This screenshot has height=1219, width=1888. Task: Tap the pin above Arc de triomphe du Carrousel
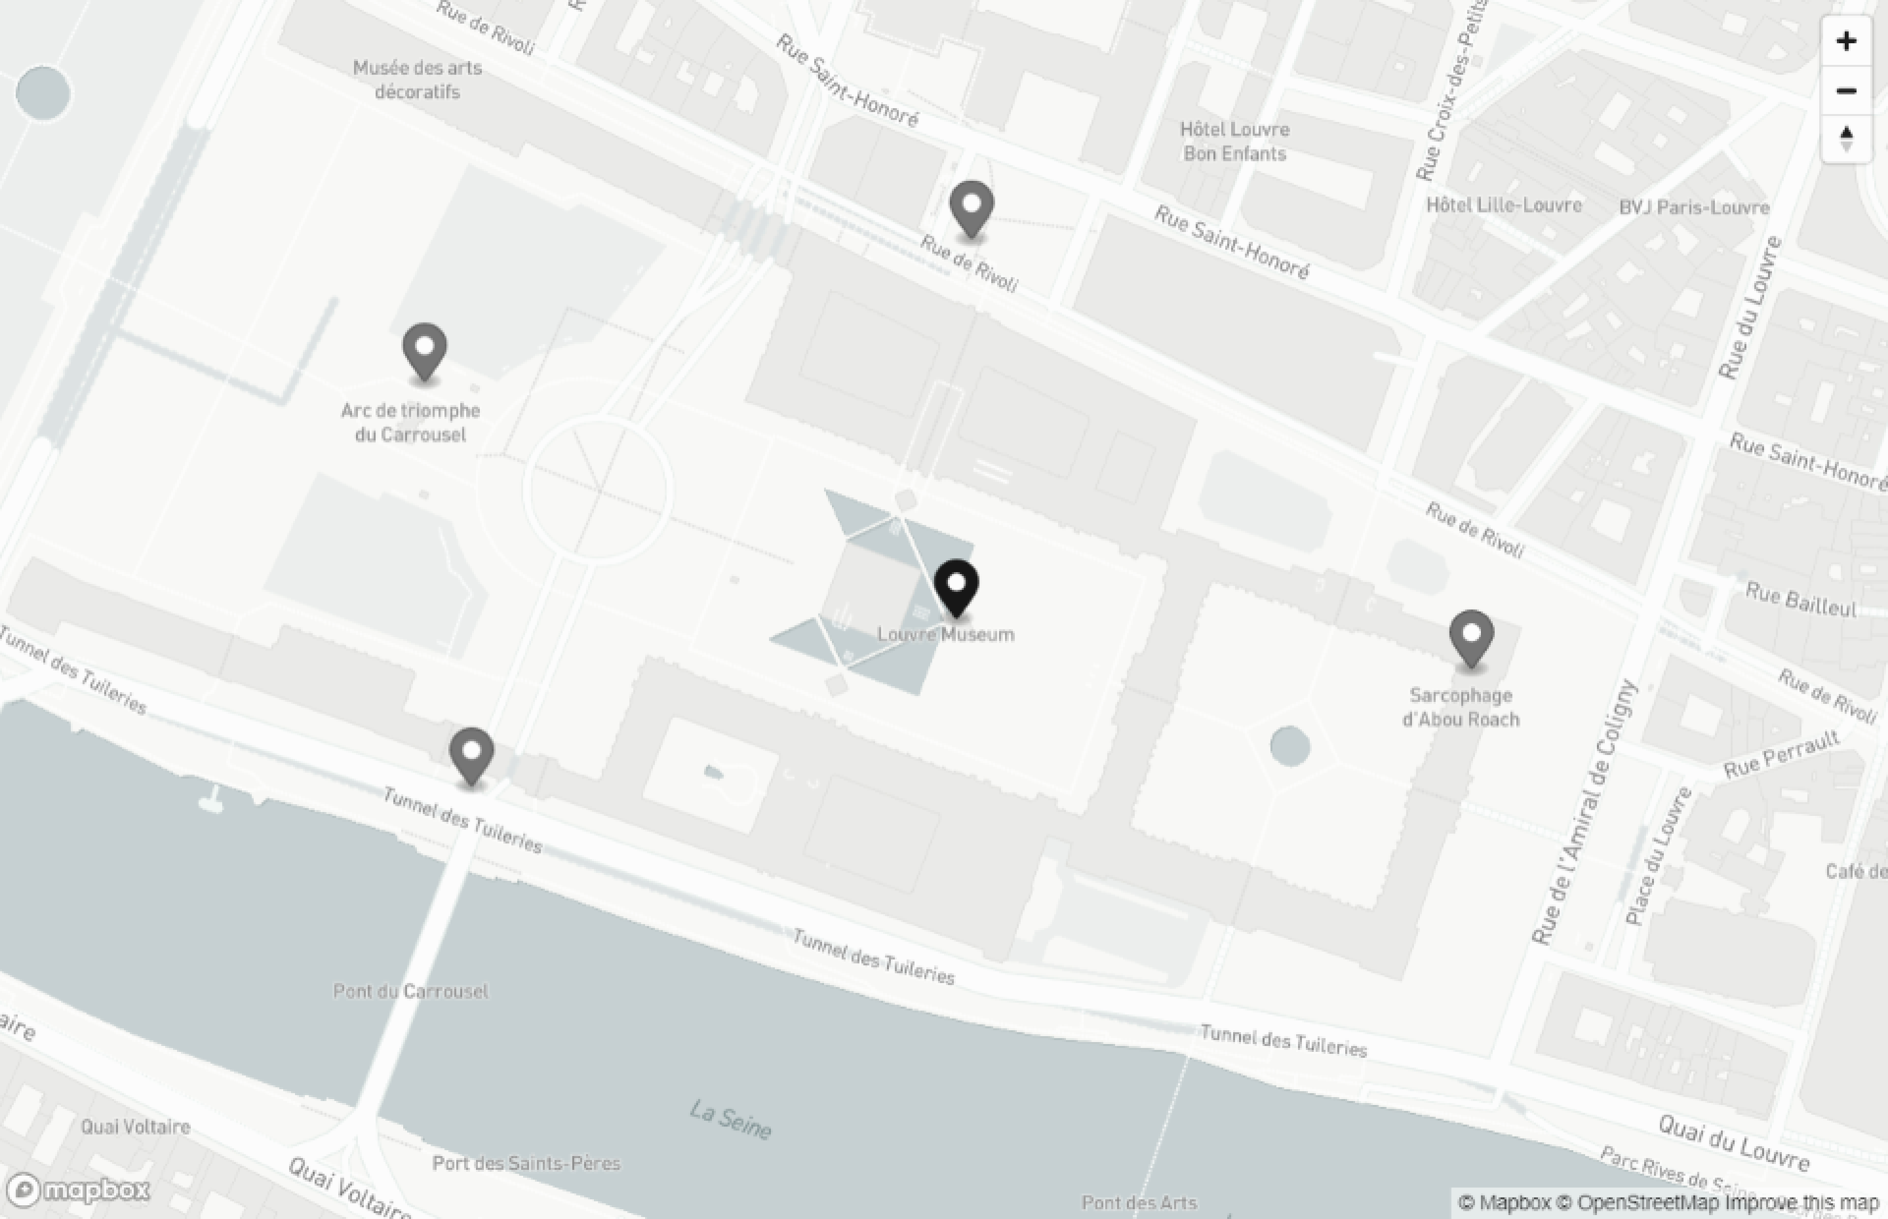[424, 351]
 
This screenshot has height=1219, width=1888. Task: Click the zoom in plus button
[1846, 41]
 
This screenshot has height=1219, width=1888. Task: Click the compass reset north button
[1846, 138]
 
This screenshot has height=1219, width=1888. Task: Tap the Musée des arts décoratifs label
[417, 80]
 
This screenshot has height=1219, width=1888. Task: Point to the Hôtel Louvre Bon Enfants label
[1234, 142]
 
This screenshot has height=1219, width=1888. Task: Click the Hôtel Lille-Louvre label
[1503, 205]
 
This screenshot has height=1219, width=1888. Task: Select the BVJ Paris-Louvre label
[1694, 207]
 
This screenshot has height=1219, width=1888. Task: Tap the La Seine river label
[730, 1119]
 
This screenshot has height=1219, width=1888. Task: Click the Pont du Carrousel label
[411, 991]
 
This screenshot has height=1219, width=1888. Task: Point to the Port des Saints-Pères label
[526, 1163]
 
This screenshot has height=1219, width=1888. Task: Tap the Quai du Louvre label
[1734, 1142]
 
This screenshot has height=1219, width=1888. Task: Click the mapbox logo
[79, 1190]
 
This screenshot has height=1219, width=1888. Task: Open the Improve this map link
[1801, 1203]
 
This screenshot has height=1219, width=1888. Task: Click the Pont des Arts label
[1139, 1203]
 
